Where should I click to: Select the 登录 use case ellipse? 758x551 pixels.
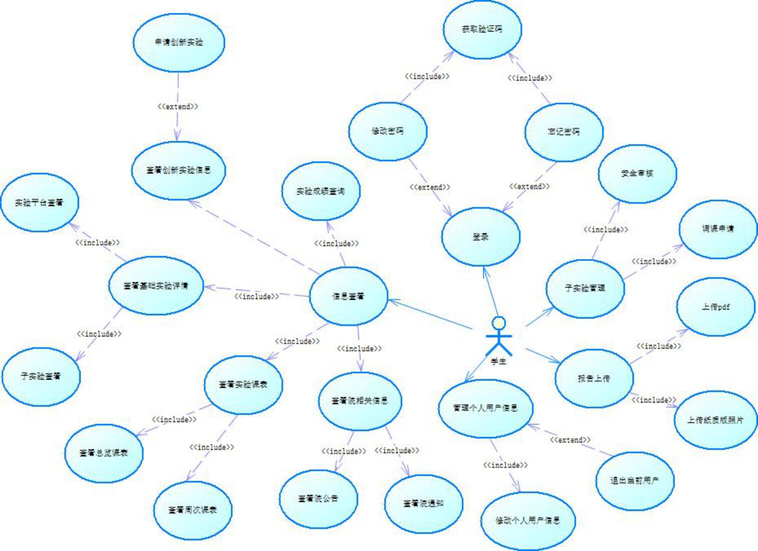click(x=481, y=237)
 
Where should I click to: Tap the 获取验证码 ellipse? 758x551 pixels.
click(x=482, y=29)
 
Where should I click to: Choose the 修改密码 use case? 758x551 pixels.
click(x=388, y=131)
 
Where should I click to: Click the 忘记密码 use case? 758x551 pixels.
click(x=564, y=131)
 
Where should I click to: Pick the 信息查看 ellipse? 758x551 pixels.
click(x=348, y=296)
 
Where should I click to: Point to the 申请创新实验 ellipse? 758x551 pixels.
click(x=179, y=42)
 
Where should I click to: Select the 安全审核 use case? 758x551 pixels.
click(x=637, y=173)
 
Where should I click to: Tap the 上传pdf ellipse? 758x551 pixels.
click(x=715, y=307)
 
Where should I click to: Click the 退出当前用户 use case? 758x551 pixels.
click(x=634, y=480)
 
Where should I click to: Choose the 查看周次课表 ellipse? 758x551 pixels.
click(x=193, y=510)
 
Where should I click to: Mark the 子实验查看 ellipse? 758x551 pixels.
click(x=41, y=376)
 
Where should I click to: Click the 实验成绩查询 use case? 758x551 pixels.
click(x=320, y=191)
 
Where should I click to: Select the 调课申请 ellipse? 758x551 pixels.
click(x=717, y=229)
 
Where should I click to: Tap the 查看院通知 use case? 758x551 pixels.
click(x=424, y=503)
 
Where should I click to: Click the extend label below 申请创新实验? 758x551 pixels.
click(x=178, y=106)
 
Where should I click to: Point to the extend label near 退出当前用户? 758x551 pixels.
click(x=570, y=440)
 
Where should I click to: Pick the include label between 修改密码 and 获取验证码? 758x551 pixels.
click(x=427, y=76)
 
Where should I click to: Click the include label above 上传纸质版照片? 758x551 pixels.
click(x=653, y=400)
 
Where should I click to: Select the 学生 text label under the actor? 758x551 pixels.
click(x=499, y=361)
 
